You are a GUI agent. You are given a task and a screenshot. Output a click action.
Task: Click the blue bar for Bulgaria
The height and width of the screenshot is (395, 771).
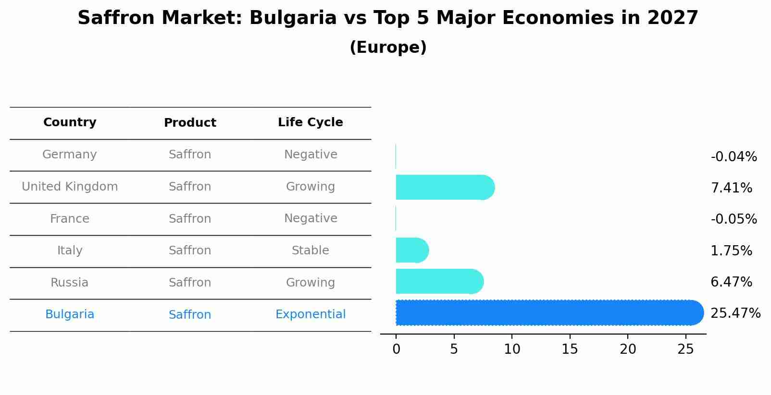coord(548,313)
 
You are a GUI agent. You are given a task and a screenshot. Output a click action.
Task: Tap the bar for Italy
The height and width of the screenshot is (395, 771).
coord(411,250)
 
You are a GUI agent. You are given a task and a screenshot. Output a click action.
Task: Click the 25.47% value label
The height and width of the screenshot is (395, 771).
coord(735,313)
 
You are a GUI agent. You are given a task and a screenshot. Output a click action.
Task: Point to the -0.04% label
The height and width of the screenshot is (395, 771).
coord(734,157)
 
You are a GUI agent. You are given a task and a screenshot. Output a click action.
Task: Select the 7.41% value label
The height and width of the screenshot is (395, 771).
coord(731,188)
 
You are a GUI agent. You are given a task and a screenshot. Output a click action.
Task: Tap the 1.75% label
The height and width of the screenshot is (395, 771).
coord(731,251)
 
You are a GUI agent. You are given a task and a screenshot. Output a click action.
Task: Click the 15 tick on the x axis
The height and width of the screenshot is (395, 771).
coord(570,349)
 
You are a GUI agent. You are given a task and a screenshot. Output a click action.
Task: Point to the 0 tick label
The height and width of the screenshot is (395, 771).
coord(396,349)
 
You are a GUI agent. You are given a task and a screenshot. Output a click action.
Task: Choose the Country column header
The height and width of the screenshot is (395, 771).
coord(70,122)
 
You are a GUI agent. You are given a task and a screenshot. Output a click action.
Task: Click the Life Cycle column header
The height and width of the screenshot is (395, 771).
coord(310,122)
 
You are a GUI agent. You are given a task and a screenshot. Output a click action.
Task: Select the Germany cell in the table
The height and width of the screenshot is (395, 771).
coord(70,155)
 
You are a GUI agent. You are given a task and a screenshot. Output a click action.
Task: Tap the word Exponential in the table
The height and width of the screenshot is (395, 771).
coord(310,314)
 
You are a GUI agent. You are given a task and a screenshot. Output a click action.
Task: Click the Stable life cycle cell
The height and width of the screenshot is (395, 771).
coord(310,251)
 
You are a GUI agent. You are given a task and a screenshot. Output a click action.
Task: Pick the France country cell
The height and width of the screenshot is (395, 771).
coord(70,219)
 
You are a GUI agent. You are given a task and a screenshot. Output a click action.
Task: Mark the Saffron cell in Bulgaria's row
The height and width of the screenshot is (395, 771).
coord(190,315)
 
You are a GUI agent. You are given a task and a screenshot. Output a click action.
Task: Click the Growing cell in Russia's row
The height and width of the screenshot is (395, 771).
coord(310,283)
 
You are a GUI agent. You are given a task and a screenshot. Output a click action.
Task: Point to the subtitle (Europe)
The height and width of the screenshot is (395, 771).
coord(388,48)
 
